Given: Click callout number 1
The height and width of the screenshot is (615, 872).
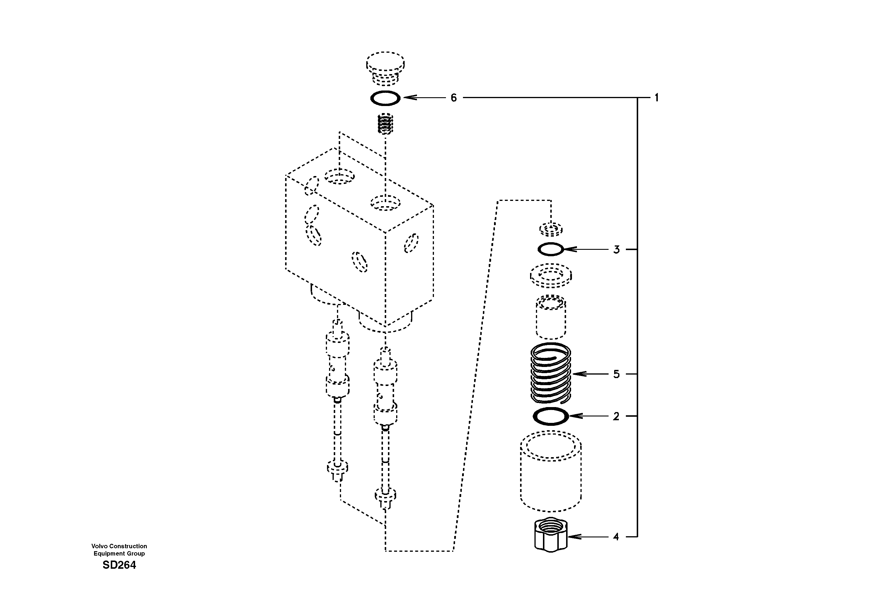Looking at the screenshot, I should tap(656, 98).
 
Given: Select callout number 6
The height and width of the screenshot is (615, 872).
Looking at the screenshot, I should tap(454, 98).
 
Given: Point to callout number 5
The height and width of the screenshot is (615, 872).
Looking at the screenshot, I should tap(616, 374).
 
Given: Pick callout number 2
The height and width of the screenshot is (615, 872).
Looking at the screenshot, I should tap(616, 416).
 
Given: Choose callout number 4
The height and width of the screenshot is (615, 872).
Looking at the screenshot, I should tap(616, 537).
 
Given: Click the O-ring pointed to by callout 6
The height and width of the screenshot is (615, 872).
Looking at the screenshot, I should tap(385, 98).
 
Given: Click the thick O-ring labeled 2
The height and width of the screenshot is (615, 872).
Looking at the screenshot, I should tap(551, 416).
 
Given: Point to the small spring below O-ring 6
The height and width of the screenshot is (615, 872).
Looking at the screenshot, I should tap(386, 124).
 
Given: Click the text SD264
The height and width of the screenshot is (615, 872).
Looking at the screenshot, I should tap(119, 565).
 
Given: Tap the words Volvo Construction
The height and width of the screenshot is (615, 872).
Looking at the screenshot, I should tap(119, 546).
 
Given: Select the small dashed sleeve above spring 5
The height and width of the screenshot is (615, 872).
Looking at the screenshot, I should tap(551, 317).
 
